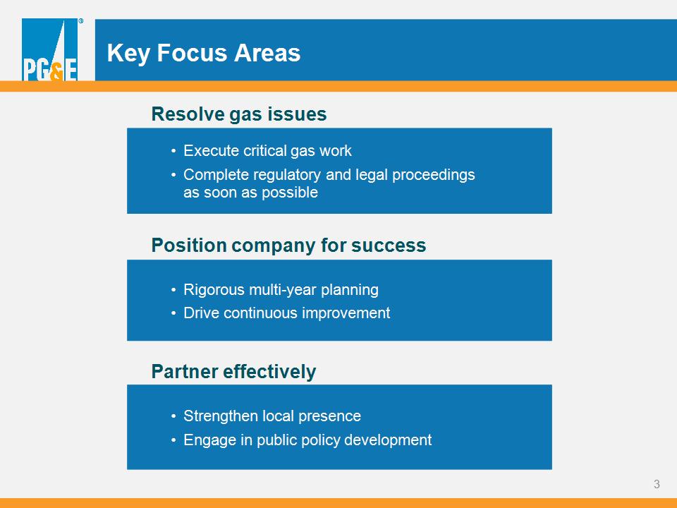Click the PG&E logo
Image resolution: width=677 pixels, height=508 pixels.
point(50,49)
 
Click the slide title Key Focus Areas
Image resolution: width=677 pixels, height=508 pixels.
point(203,53)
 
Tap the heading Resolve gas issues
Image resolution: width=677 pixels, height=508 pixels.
point(239,114)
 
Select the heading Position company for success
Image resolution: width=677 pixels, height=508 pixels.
point(288,245)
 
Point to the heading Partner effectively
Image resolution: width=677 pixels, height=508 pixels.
point(233,372)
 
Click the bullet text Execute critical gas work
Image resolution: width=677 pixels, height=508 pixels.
point(267,151)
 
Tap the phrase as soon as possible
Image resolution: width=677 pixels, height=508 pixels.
point(250,192)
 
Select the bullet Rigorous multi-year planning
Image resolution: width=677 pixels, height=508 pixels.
point(281,289)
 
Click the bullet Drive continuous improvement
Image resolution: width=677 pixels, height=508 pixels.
point(287,313)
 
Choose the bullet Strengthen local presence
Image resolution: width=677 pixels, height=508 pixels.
point(272,416)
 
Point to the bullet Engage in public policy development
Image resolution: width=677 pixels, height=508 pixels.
point(307,440)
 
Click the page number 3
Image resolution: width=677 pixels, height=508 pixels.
point(657,484)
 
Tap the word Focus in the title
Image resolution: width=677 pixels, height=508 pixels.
point(192,53)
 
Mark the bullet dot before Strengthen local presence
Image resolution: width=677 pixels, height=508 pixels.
point(173,416)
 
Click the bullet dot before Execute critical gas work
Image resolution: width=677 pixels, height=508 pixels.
point(173,151)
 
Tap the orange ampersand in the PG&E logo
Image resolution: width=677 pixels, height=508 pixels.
point(56,72)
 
